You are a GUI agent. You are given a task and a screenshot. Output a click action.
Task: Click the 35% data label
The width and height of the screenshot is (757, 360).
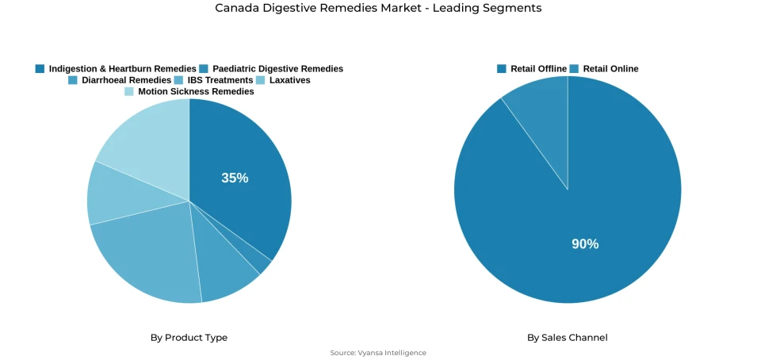(235, 178)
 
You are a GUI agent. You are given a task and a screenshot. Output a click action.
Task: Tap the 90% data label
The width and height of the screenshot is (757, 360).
(585, 244)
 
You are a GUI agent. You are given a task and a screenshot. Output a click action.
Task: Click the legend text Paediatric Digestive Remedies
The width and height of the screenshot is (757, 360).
(277, 69)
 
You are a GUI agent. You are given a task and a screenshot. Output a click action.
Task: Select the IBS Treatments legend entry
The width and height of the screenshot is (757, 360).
(220, 80)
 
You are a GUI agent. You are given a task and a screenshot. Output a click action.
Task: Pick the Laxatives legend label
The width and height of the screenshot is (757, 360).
(289, 80)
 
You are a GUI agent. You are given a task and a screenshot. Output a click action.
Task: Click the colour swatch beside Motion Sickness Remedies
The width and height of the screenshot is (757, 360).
(129, 91)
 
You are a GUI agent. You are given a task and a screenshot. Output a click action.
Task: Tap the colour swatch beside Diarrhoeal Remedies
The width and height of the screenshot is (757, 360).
(73, 80)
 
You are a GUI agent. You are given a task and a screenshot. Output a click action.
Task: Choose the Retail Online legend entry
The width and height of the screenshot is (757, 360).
(610, 69)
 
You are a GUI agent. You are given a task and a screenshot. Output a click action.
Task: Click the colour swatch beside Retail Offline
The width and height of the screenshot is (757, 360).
(502, 69)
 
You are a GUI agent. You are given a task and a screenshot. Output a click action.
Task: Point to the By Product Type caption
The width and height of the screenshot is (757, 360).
(189, 338)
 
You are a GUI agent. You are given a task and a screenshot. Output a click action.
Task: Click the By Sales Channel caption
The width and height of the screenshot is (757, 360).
(568, 338)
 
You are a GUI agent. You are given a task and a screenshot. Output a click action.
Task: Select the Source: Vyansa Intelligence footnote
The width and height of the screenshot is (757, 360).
(378, 353)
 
